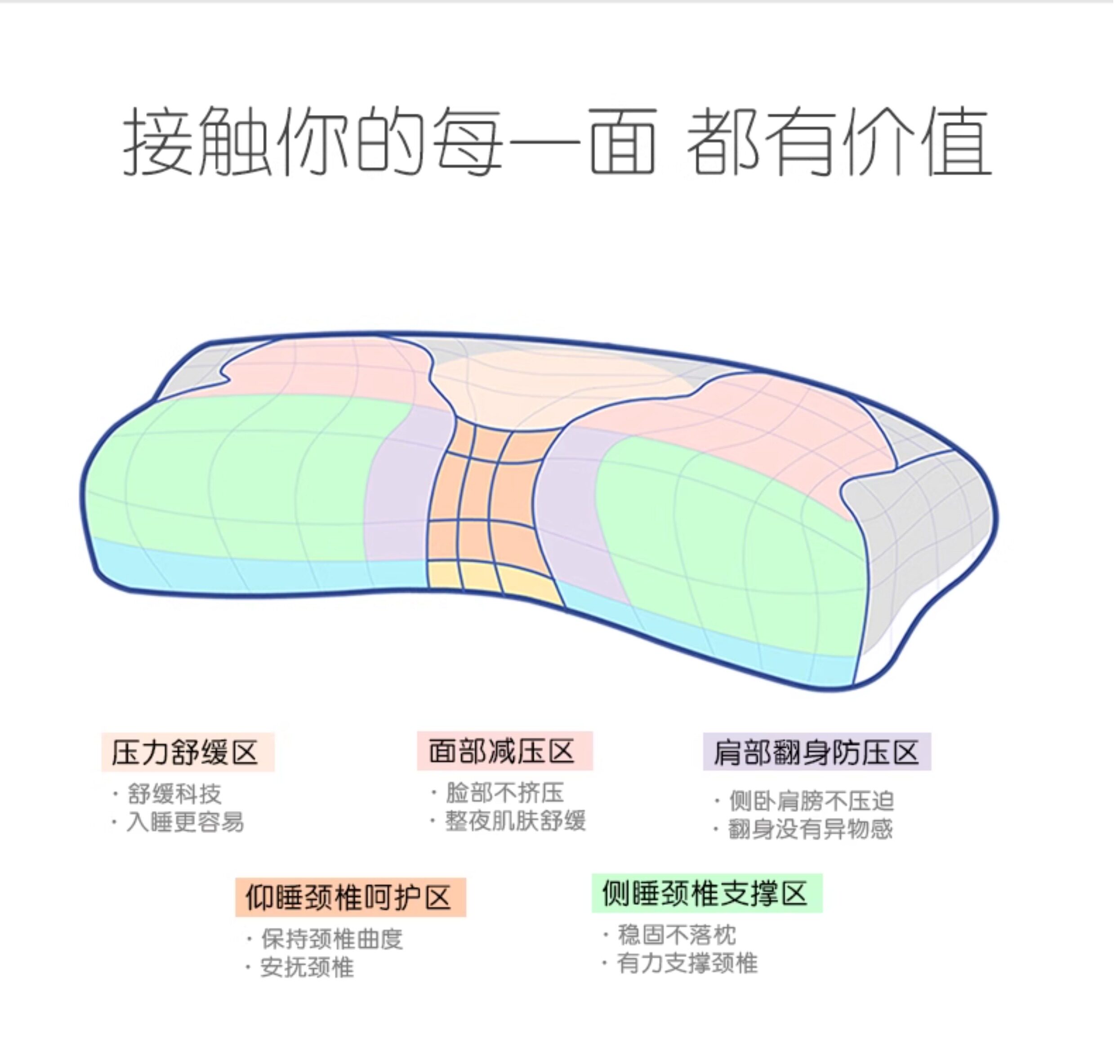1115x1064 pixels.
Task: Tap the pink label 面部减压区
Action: tap(504, 751)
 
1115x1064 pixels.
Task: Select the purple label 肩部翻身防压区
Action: tap(816, 752)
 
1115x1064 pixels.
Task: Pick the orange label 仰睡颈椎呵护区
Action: tap(350, 897)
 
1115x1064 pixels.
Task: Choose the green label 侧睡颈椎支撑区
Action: tap(706, 893)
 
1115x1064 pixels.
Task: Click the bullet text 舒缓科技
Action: tap(174, 794)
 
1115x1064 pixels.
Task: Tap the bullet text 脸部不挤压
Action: tap(504, 793)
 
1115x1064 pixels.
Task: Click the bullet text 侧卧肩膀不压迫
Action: tap(812, 802)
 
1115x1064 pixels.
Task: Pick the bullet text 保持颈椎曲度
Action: tap(332, 939)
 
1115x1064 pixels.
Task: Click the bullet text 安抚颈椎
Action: tap(307, 967)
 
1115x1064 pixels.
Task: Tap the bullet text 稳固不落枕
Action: tap(676, 935)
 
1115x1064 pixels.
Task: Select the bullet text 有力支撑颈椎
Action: tap(687, 964)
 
